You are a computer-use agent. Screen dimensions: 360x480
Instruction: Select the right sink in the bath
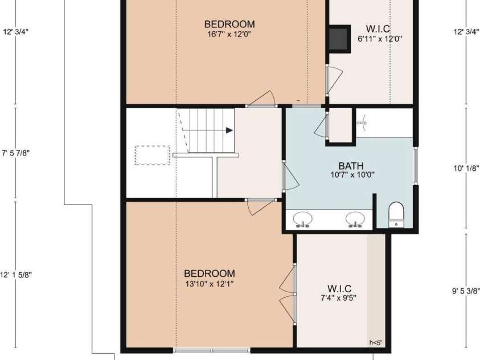(355, 219)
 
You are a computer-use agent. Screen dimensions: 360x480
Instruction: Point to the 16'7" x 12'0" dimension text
(229, 34)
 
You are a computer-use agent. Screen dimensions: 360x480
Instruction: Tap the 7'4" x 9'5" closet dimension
(339, 297)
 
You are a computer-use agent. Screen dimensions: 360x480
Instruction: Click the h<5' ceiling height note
(375, 342)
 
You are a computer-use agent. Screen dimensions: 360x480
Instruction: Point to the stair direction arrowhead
(229, 130)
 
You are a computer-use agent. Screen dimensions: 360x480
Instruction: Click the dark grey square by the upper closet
(339, 38)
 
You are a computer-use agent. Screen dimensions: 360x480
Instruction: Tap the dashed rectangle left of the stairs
(153, 155)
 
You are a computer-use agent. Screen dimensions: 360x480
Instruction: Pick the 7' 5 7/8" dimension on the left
(16, 153)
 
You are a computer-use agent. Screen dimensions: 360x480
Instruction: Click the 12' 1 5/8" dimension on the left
(16, 275)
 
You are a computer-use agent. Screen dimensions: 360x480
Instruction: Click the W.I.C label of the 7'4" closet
(339, 288)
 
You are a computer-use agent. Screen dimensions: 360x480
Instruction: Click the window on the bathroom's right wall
(416, 166)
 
